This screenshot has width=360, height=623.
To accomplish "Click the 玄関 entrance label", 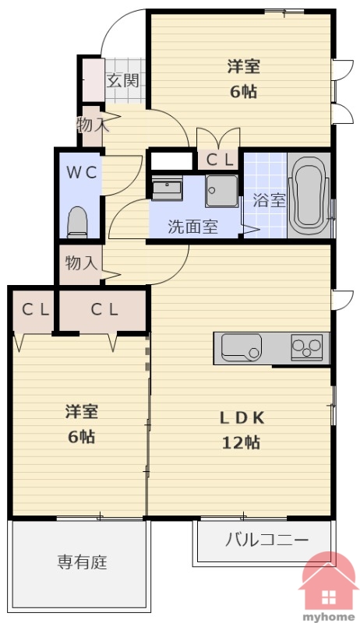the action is pyautogui.click(x=123, y=81).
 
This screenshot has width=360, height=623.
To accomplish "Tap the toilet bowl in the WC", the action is pyautogui.click(x=78, y=222).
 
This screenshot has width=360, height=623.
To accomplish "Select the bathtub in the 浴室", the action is pyautogui.click(x=309, y=196).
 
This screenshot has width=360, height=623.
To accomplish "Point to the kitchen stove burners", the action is pyautogui.click(x=307, y=347).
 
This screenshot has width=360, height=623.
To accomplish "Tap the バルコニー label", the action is pyautogui.click(x=266, y=540).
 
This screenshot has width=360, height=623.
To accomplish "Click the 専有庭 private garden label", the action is pyautogui.click(x=83, y=562).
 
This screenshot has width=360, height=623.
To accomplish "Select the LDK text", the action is pyautogui.click(x=242, y=417).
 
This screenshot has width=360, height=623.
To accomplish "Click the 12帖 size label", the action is pyautogui.click(x=241, y=442).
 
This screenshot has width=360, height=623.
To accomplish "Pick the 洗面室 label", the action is pyautogui.click(x=192, y=227).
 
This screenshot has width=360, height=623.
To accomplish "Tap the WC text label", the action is pyautogui.click(x=81, y=172).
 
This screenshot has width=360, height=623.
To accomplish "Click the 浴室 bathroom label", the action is pyautogui.click(x=270, y=201).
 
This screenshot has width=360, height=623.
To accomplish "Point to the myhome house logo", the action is pyautogui.click(x=329, y=587).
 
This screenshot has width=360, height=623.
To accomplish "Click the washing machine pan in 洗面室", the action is pyautogui.click(x=222, y=191).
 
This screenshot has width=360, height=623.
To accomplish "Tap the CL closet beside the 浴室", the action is pyautogui.click(x=218, y=160).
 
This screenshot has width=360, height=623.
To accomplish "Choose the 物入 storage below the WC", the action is pyautogui.click(x=81, y=262).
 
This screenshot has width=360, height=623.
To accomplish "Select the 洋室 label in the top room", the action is pyautogui.click(x=244, y=66).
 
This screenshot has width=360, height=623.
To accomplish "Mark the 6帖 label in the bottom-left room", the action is pyautogui.click(x=82, y=437).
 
